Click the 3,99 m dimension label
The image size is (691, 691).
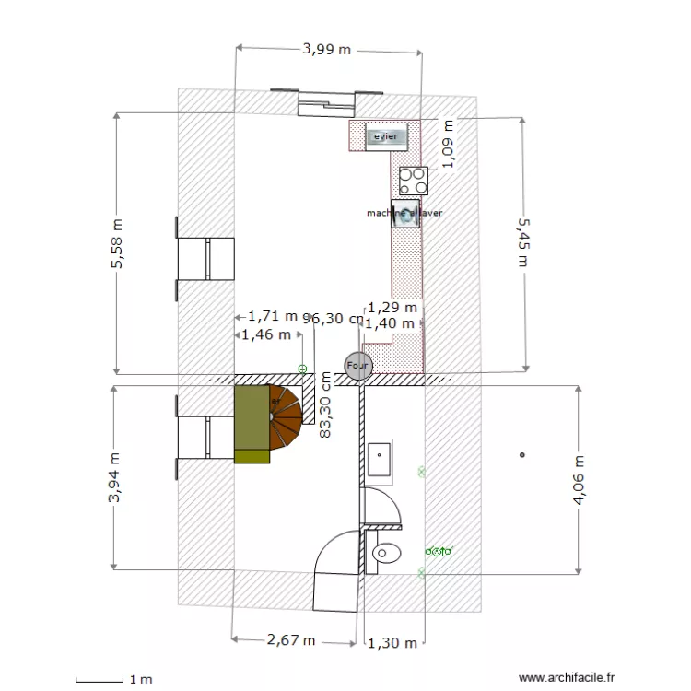pos(327,50)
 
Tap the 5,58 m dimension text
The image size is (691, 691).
pos(117,244)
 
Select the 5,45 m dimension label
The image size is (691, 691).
pos(523,241)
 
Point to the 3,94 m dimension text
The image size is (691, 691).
pos(114,478)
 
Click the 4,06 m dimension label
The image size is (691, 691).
pos(579,480)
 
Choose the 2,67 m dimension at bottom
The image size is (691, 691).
pos(290,639)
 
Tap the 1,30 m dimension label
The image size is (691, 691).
pos(392,643)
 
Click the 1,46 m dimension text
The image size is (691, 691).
pos(266,334)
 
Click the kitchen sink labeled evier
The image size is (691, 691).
pos(386,136)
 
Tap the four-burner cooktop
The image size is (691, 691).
pos(413,179)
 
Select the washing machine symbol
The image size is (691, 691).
pos(405,213)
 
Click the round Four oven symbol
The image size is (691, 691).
pos(357,366)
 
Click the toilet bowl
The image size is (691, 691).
pos(385,554)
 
